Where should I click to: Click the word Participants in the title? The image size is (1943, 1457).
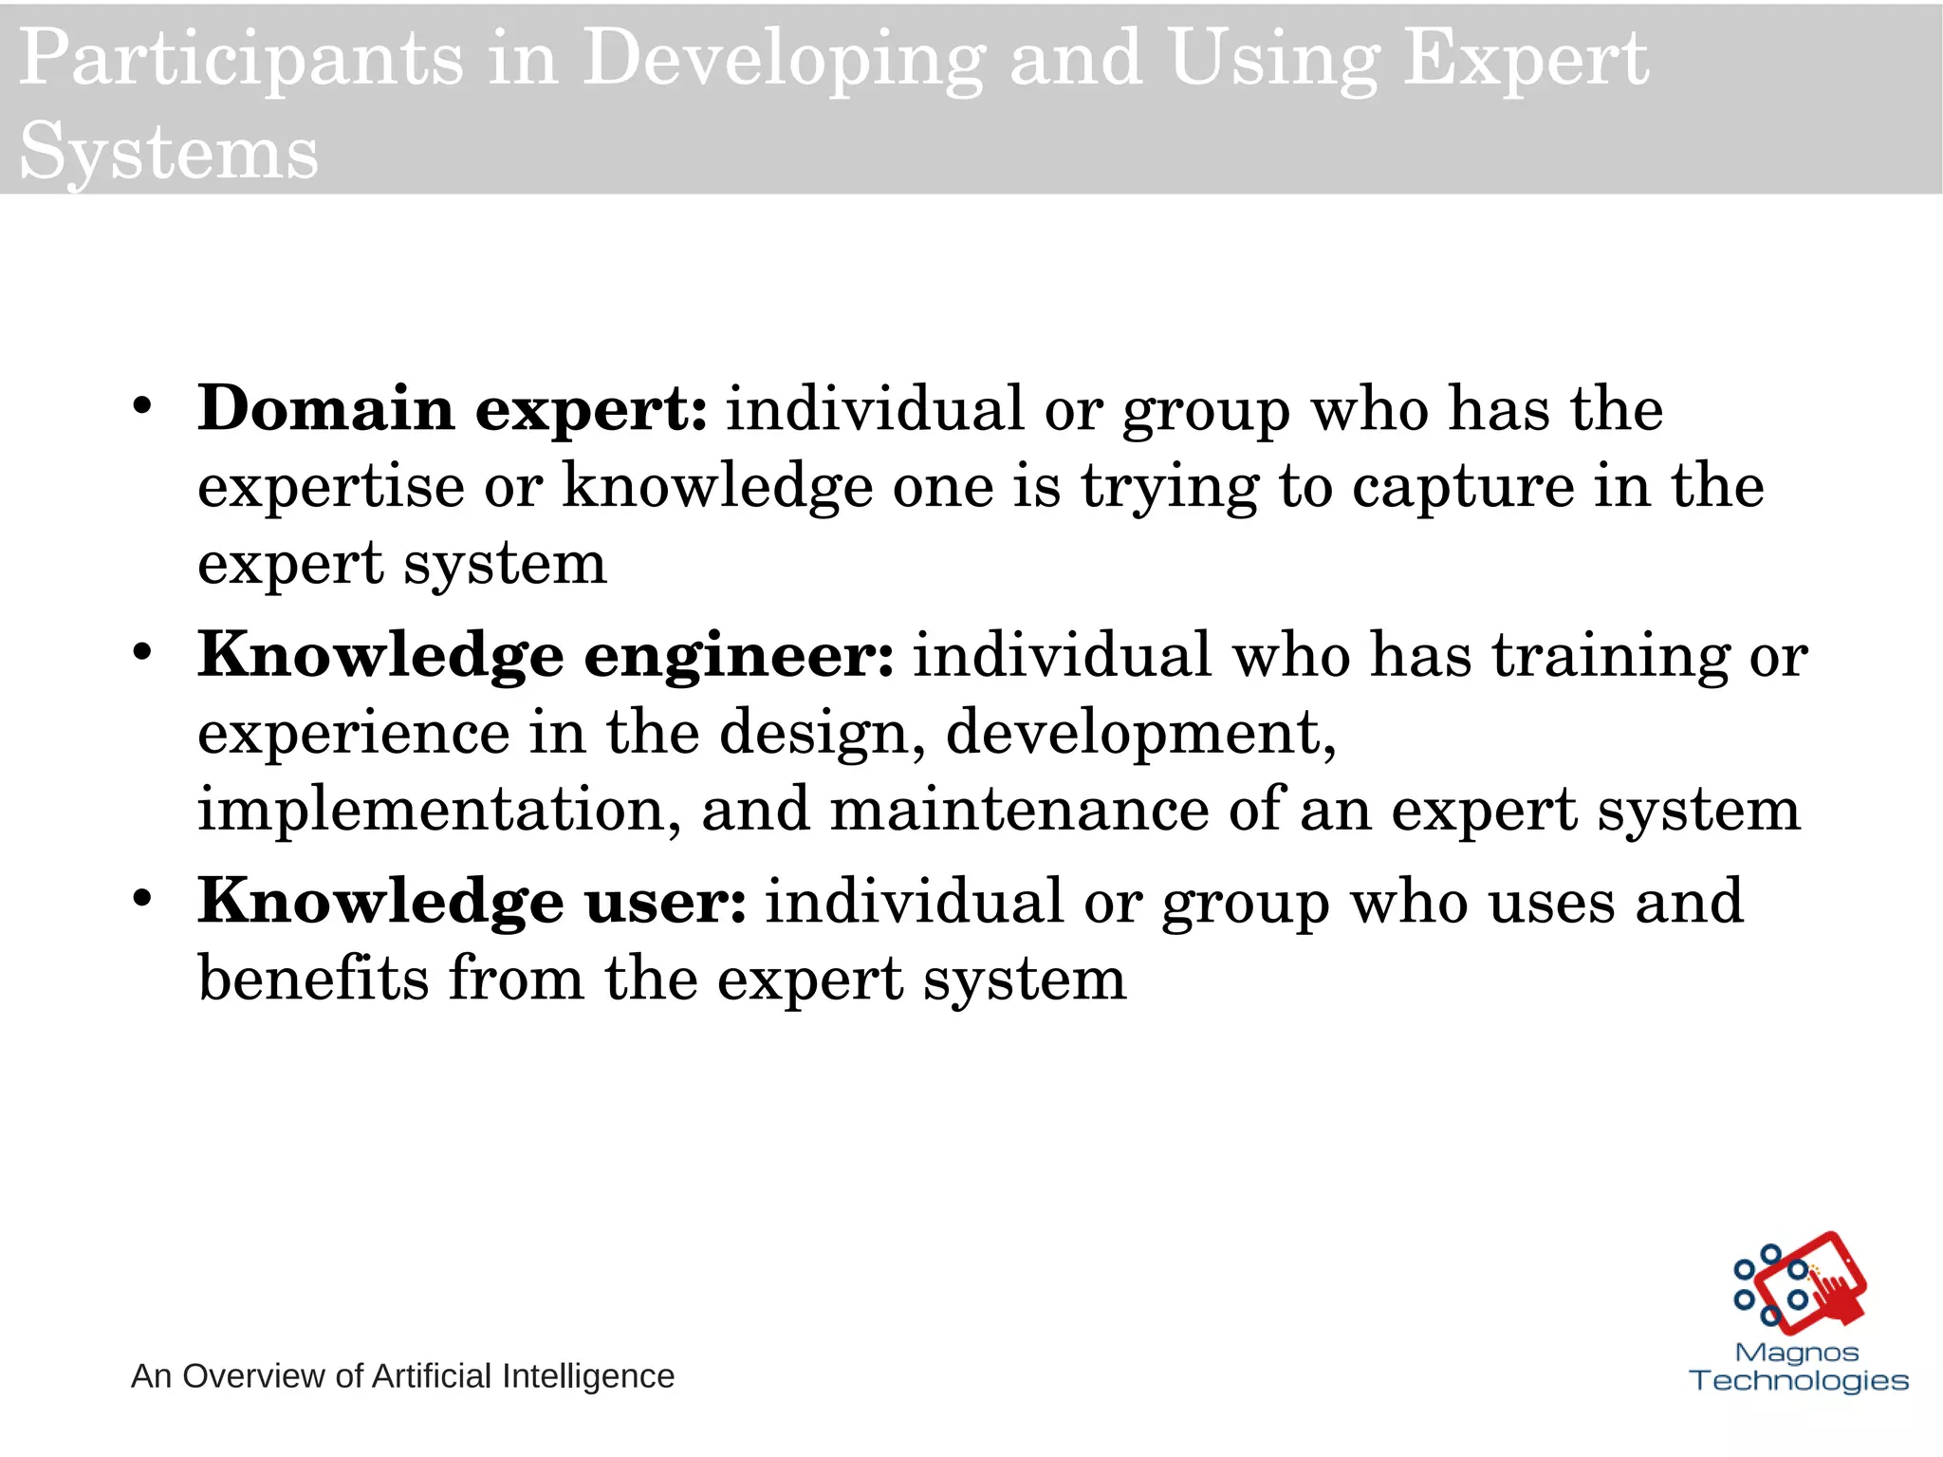pyautogui.click(x=241, y=60)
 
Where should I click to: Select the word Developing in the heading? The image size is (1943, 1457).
pyautogui.click(x=784, y=60)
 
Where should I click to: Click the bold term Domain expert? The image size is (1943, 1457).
pyautogui.click(x=453, y=409)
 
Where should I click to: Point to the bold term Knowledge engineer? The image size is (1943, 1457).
pyautogui.click(x=546, y=655)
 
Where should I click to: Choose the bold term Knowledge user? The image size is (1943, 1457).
pyautogui.click(x=472, y=901)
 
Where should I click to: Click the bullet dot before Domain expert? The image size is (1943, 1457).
pyautogui.click(x=142, y=407)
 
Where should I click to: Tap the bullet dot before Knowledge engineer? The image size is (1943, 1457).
pyautogui.click(x=142, y=653)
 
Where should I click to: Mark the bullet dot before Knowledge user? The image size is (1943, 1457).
pyautogui.click(x=142, y=899)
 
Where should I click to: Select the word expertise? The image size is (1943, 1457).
pyautogui.click(x=331, y=486)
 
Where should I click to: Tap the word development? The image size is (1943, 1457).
pyautogui.click(x=1140, y=733)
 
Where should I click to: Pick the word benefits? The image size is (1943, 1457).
pyautogui.click(x=313, y=979)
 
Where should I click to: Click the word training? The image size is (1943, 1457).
pyautogui.click(x=1611, y=655)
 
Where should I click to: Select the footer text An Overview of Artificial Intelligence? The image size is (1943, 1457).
pyautogui.click(x=402, y=1375)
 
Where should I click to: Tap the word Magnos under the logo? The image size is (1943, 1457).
pyautogui.click(x=1797, y=1352)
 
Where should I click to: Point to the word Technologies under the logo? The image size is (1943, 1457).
pyautogui.click(x=1799, y=1380)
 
